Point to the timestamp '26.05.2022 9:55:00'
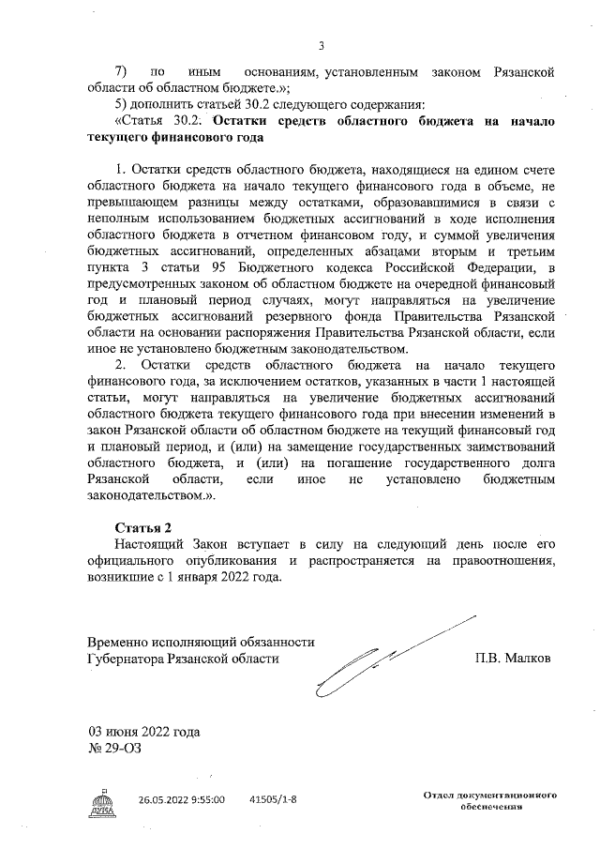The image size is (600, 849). tap(182, 800)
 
